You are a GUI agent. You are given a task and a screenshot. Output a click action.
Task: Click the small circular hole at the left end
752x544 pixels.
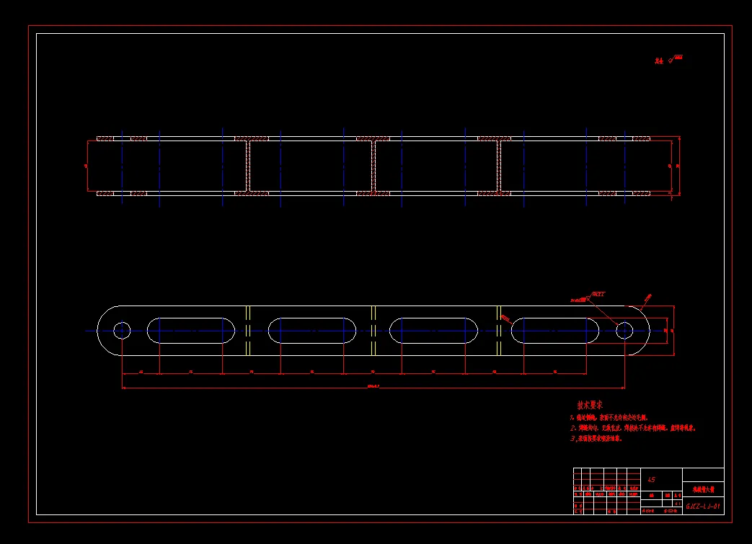(121, 331)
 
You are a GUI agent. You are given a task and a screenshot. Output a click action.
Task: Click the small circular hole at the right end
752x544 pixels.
(624, 331)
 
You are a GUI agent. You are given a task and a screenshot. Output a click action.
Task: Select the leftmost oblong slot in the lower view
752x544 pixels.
(191, 331)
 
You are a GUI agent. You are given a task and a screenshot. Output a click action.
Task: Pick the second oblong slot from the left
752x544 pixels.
(312, 331)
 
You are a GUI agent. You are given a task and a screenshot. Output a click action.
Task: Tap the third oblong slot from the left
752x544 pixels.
(433, 331)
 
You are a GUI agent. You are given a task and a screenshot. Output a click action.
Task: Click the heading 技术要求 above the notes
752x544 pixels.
(590, 405)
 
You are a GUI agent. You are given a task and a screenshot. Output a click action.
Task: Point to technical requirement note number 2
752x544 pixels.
(634, 428)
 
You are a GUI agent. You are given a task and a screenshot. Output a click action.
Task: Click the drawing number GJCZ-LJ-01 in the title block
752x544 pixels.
(703, 507)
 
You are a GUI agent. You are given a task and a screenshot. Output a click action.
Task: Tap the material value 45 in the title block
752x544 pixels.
(652, 479)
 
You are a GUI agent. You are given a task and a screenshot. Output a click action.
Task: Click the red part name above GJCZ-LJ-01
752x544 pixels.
(703, 489)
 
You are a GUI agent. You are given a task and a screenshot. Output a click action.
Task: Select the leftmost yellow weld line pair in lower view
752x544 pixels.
(248, 331)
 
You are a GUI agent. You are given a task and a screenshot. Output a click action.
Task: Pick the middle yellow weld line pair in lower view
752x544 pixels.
(373, 331)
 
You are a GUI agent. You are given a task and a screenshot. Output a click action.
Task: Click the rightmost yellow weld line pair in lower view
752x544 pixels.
(498, 331)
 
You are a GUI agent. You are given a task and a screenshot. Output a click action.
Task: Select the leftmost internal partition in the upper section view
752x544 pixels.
(248, 166)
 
